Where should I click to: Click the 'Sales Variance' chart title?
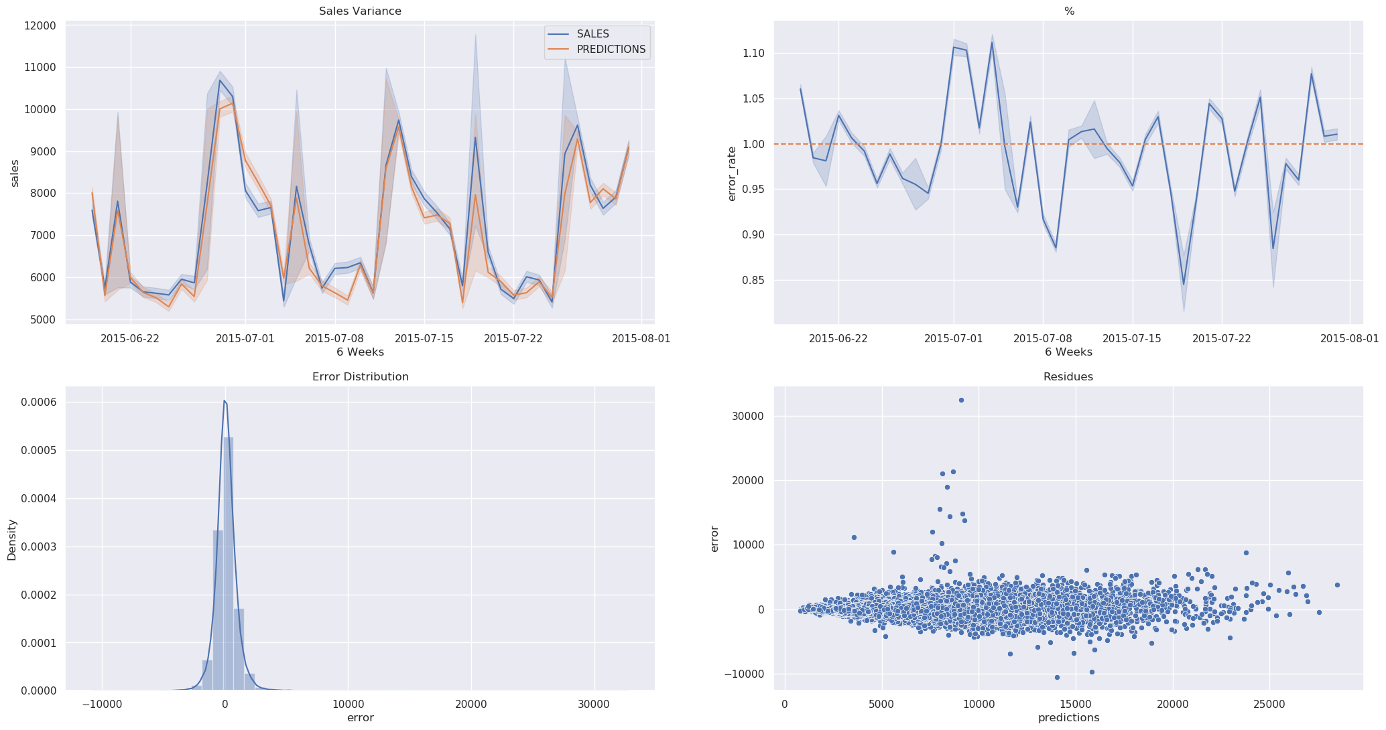coord(360,11)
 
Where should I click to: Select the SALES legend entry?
coord(592,34)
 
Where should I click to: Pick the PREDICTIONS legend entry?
coord(611,50)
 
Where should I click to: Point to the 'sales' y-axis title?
coord(15,172)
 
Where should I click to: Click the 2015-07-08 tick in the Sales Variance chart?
coord(335,338)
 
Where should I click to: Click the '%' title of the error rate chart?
coord(1068,11)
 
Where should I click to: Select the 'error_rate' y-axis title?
coord(732,173)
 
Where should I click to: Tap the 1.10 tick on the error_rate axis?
coord(755,53)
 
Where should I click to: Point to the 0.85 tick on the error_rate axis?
coord(755,280)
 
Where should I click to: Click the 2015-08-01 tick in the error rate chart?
coord(1350,338)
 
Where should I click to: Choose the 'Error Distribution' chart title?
coord(360,377)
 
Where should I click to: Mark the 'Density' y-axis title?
coord(11,539)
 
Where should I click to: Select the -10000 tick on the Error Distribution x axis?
coord(102,705)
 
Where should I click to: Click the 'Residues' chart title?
coord(1068,377)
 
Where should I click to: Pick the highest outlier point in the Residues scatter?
coord(961,400)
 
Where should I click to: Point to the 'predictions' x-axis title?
coord(1068,718)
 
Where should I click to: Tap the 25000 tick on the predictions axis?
coord(1269,705)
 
